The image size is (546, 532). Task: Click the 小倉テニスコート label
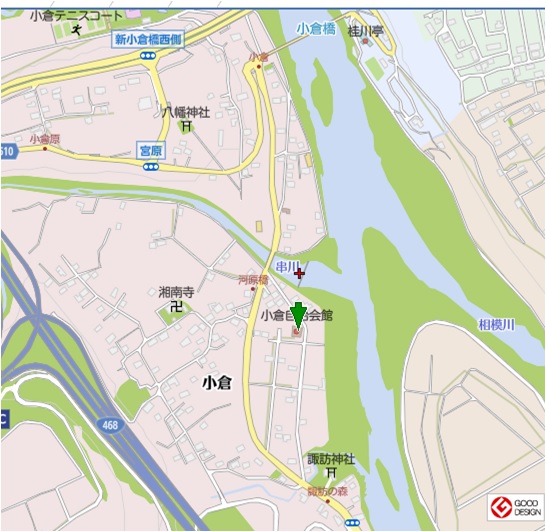[x=78, y=16]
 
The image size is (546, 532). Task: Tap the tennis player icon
[x=77, y=31]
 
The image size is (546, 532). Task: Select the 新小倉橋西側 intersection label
[x=147, y=40]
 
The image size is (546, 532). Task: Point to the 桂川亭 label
[x=366, y=31]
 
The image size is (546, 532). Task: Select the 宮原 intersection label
[x=150, y=150]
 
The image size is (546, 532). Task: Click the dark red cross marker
[x=300, y=271]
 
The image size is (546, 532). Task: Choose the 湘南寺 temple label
[x=175, y=293]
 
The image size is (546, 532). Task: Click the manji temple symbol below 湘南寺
[x=176, y=308]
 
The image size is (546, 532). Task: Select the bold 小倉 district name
[x=218, y=382]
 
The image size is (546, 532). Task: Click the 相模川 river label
[x=495, y=325]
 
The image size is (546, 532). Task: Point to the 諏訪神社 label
[x=331, y=459]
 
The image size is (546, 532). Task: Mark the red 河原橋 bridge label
[x=253, y=280]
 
